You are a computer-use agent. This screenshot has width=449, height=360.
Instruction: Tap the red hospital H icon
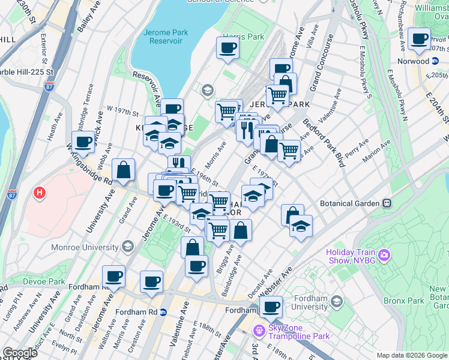(40, 193)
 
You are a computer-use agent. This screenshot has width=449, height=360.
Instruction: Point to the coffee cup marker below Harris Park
(228, 48)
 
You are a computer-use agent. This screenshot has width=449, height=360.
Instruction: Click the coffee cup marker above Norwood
(419, 39)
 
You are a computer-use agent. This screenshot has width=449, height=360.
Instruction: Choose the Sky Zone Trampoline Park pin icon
(259, 330)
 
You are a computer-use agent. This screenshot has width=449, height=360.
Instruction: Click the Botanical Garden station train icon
(387, 203)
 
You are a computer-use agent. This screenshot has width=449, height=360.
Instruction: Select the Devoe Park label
(43, 281)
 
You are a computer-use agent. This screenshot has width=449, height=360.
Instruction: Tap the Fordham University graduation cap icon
(337, 301)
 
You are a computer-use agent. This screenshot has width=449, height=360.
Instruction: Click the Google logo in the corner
(20, 353)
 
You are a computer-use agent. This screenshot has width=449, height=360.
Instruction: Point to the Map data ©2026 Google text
(411, 355)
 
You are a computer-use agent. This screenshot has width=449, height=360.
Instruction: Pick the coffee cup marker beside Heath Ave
(83, 142)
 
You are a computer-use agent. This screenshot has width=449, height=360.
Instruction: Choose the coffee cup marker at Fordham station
(271, 307)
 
